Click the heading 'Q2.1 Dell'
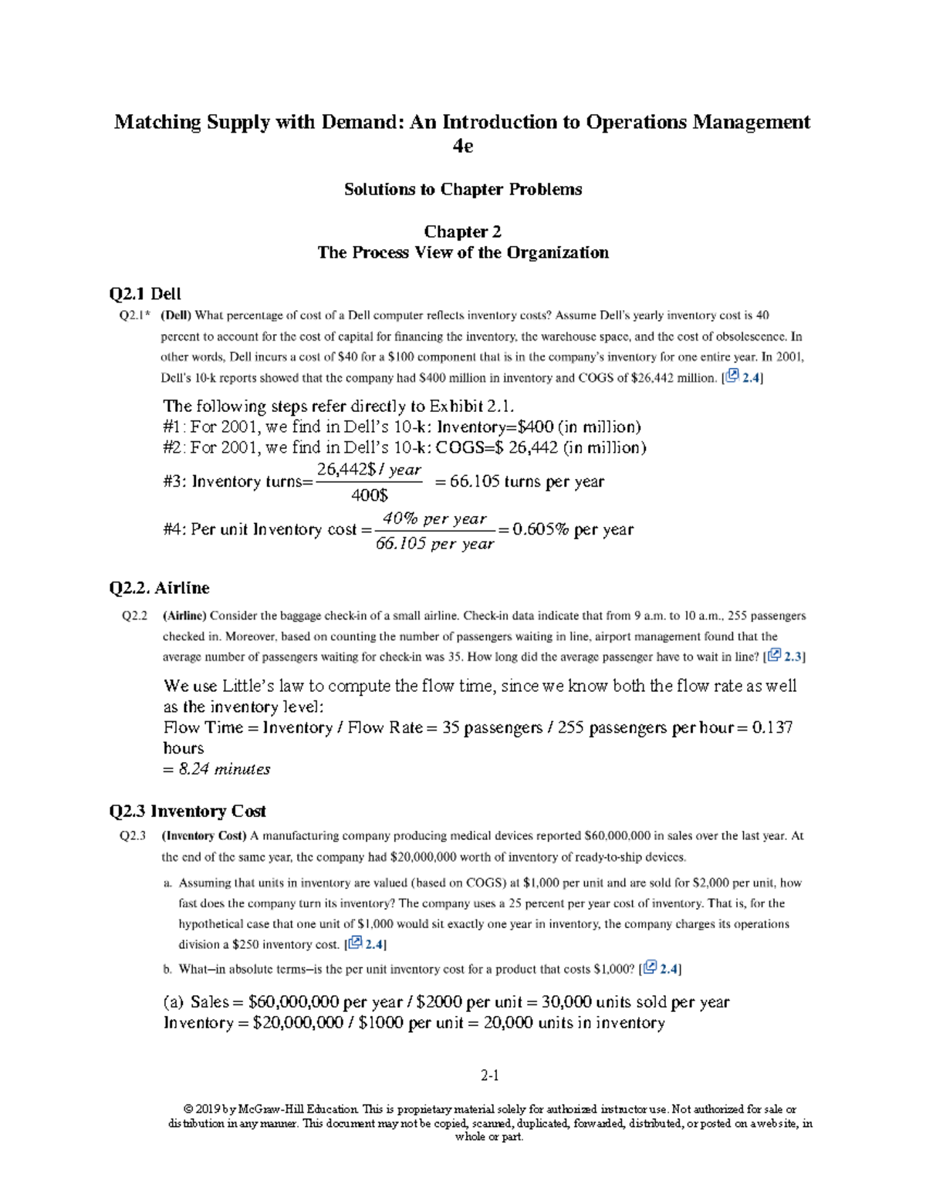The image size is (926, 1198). point(145,294)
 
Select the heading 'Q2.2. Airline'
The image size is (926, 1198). point(159,589)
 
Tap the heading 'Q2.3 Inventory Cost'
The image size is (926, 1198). point(188,812)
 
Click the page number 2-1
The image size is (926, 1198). point(490,1075)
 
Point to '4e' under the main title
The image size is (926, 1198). point(462,146)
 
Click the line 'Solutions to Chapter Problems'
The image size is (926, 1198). point(463,190)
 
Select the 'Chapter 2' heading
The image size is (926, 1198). point(463,232)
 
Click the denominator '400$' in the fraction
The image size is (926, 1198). point(370,496)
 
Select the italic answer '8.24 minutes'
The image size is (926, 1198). point(224,770)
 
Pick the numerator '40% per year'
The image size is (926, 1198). point(434,519)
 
